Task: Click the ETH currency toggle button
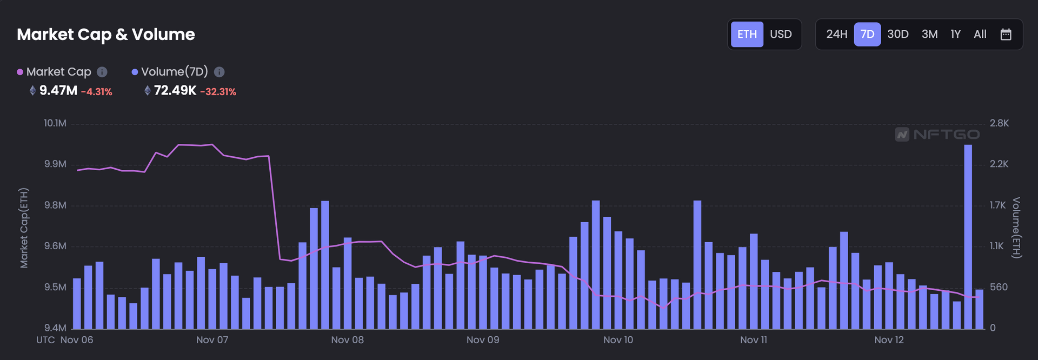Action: pos(747,35)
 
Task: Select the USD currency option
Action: pos(781,35)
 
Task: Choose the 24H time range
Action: pos(836,35)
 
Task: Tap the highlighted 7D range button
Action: pos(867,35)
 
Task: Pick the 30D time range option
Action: pos(897,35)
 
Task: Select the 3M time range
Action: pos(929,35)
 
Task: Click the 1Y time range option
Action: pos(955,35)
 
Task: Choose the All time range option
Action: pos(980,35)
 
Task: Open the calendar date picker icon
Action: pos(1006,35)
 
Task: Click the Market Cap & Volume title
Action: pos(106,35)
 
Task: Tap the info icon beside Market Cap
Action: pos(102,72)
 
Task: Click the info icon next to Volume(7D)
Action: pos(219,72)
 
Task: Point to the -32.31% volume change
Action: pos(218,92)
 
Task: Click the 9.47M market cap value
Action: pos(58,91)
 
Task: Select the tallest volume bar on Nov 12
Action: pos(968,238)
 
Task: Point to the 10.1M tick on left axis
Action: pos(55,123)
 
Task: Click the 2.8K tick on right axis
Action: pos(999,123)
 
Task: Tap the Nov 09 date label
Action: pos(483,340)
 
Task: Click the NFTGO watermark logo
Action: pos(937,134)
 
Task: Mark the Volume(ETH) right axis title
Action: pos(1016,228)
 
